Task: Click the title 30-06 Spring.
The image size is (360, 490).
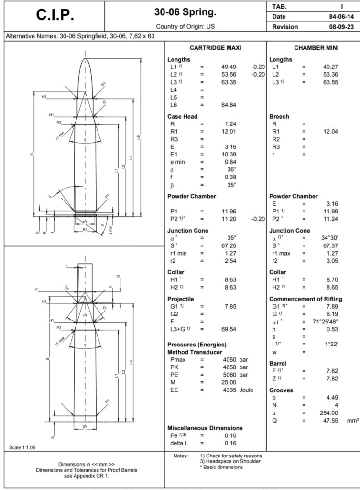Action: point(185,11)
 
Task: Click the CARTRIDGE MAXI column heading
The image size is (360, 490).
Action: point(215,48)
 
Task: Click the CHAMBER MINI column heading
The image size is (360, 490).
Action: point(314,48)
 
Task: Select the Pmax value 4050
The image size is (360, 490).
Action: point(231,359)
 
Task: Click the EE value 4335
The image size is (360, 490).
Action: point(231,390)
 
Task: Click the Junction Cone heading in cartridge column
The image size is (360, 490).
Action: point(188,230)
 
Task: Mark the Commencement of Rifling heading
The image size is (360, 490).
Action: point(305,299)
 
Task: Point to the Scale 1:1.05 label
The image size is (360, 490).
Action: point(22,448)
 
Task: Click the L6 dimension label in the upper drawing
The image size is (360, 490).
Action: point(138,138)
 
